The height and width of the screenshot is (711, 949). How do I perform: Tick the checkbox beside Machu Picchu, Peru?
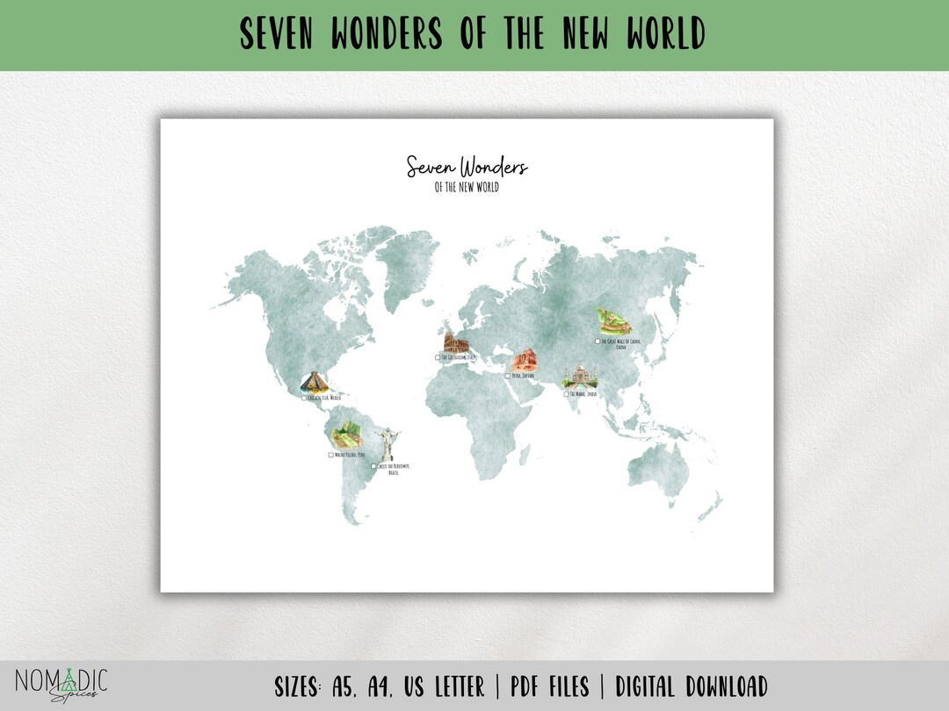coord(331,455)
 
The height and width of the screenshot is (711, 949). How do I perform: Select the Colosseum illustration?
coord(455,343)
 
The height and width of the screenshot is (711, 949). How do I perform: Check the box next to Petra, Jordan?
coord(507,376)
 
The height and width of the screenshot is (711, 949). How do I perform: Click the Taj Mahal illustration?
coord(579,378)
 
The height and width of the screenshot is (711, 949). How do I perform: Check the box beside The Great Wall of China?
coord(598,341)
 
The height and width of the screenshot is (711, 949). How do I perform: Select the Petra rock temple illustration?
coord(525,360)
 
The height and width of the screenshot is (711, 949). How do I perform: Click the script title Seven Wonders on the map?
coord(467,166)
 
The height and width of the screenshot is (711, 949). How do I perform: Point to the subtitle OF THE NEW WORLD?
coord(467,187)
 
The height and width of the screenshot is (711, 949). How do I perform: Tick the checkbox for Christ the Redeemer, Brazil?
coord(373,466)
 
